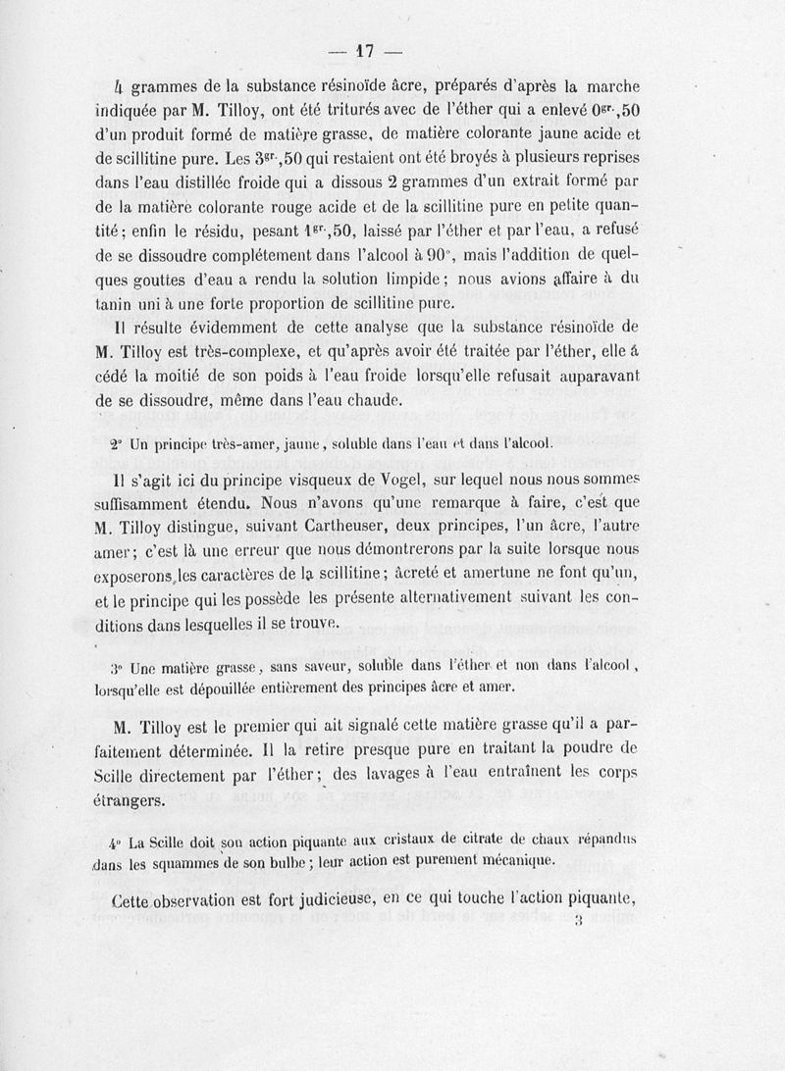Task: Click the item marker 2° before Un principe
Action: [x=116, y=443]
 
